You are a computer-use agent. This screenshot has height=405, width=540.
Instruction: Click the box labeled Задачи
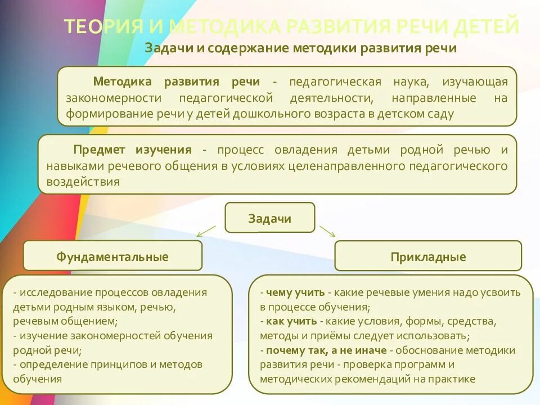tap(270, 218)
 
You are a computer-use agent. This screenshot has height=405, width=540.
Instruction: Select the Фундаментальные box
tap(112, 256)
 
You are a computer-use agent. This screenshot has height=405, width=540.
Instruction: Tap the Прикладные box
tap(428, 256)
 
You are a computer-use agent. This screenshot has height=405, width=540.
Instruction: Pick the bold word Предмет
tap(99, 150)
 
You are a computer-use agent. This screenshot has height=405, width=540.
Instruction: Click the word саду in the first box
tap(442, 114)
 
